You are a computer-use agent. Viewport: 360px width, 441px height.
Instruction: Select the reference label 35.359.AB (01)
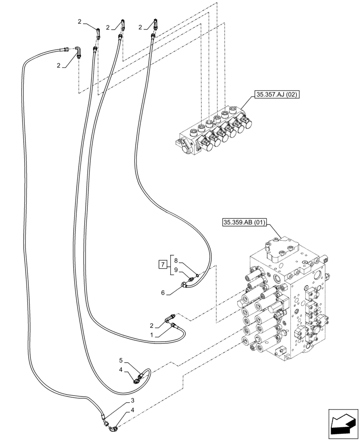[x=244, y=223]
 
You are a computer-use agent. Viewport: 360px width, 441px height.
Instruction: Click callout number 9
[x=176, y=270]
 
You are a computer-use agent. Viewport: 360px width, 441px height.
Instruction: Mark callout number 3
[x=132, y=400]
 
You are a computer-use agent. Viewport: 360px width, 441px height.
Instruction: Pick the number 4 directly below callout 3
[x=132, y=410]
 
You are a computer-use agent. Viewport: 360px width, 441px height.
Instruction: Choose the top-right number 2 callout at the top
[x=140, y=27]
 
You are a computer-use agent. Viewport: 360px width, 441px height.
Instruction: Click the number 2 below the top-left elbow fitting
[x=58, y=66]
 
